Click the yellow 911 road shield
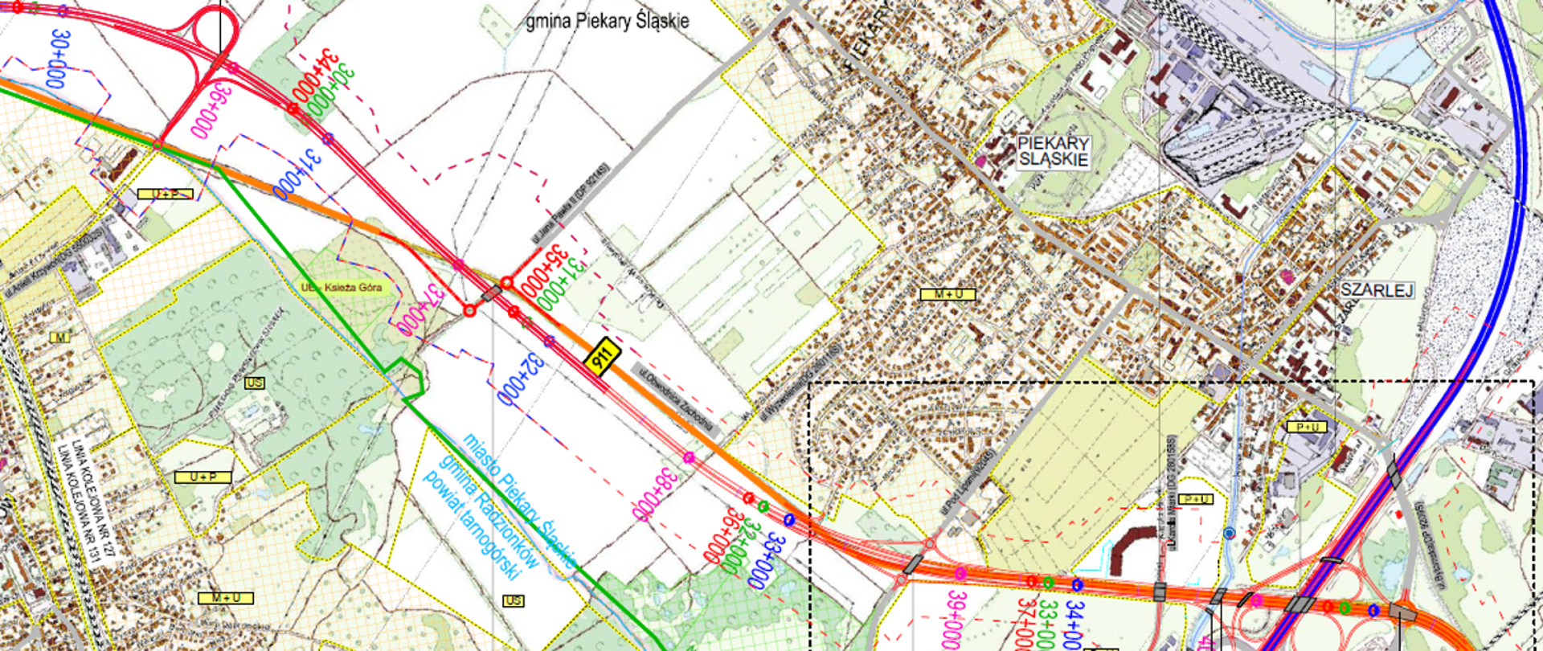pyautogui.click(x=602, y=358)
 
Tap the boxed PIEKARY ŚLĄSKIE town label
pyautogui.click(x=1053, y=151)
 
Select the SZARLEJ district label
pyautogui.click(x=1376, y=290)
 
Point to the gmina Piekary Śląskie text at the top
pyautogui.click(x=607, y=21)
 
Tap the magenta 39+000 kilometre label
pyautogui.click(x=954, y=620)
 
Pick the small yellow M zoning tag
pyautogui.click(x=60, y=338)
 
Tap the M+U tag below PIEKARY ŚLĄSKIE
pyautogui.click(x=947, y=294)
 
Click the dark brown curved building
pyautogui.click(x=1133, y=547)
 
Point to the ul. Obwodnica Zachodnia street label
pyautogui.click(x=677, y=401)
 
